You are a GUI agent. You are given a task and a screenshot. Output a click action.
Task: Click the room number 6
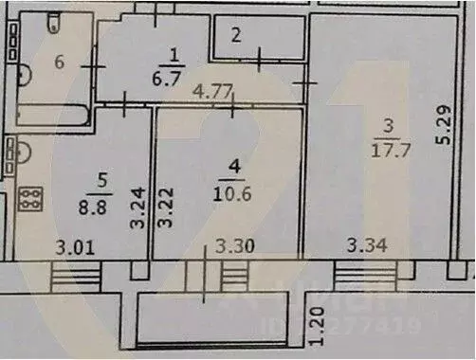[59, 63]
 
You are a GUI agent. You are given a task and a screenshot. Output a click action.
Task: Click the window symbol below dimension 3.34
[362, 278]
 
